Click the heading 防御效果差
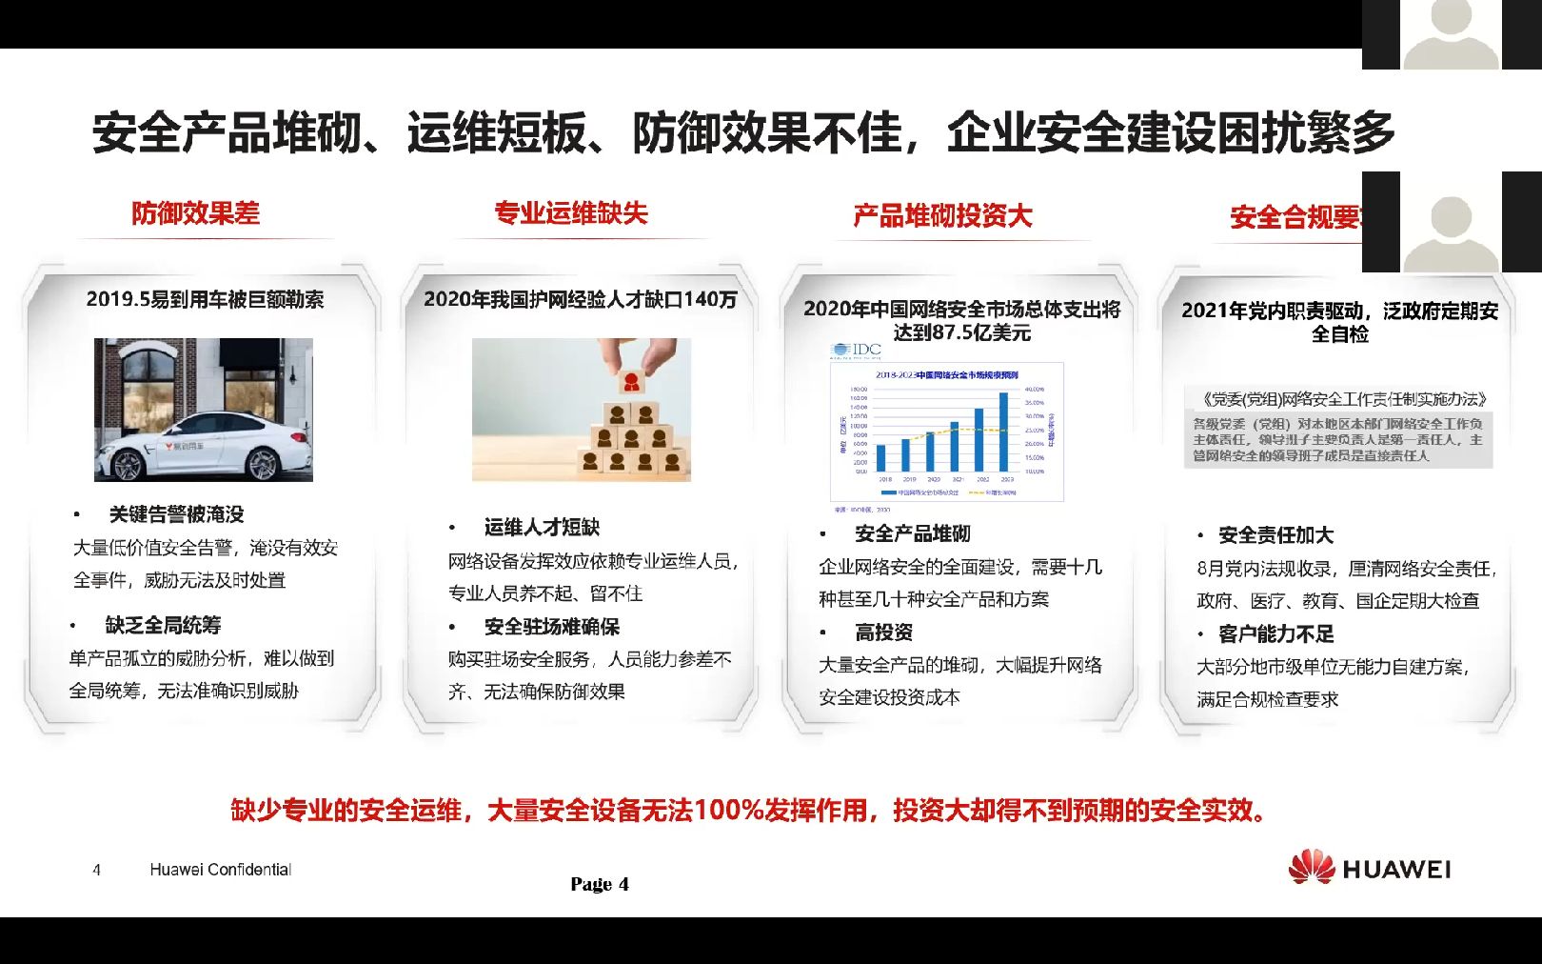195,212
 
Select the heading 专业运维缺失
570,213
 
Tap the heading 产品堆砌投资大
942,216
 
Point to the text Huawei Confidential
220,870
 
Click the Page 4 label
600,884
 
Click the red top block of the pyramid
630,382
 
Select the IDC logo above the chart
857,351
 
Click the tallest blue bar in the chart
1003,432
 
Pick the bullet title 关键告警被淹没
176,514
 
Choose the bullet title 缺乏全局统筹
163,625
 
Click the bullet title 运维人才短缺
542,527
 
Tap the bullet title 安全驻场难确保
551,626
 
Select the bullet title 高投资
883,632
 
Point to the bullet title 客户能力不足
1275,633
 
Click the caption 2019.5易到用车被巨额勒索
205,299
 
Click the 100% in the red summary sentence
728,811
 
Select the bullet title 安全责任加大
1275,534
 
